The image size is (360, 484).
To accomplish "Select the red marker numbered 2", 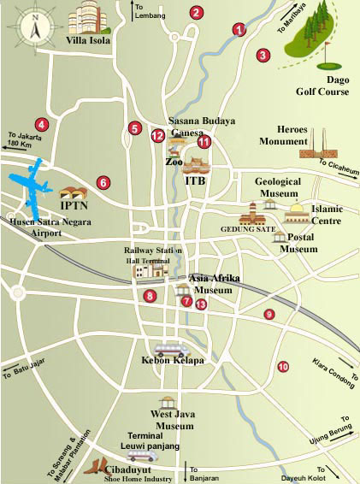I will click(197, 12).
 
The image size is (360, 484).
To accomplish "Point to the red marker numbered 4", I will click(41, 124).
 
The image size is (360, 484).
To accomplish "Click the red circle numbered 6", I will click(103, 182).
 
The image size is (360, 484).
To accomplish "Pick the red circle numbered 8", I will click(150, 296).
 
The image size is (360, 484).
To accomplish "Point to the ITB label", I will click(195, 181).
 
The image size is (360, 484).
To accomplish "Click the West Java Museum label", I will click(172, 420).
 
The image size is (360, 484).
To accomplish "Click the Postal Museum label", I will click(300, 244).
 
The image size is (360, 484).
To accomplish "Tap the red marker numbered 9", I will click(269, 314).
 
